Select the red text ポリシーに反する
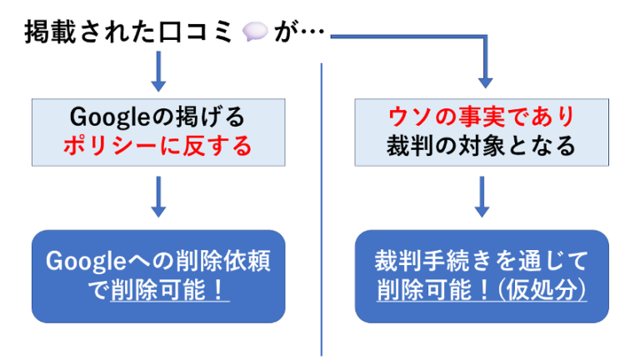pyautogui.click(x=158, y=147)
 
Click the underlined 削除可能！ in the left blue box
pyautogui.click(x=170, y=291)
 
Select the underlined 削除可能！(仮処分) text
pyautogui.click(x=482, y=291)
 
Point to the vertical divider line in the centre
pyautogui.click(x=321, y=208)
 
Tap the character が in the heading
pyautogui.click(x=285, y=34)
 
